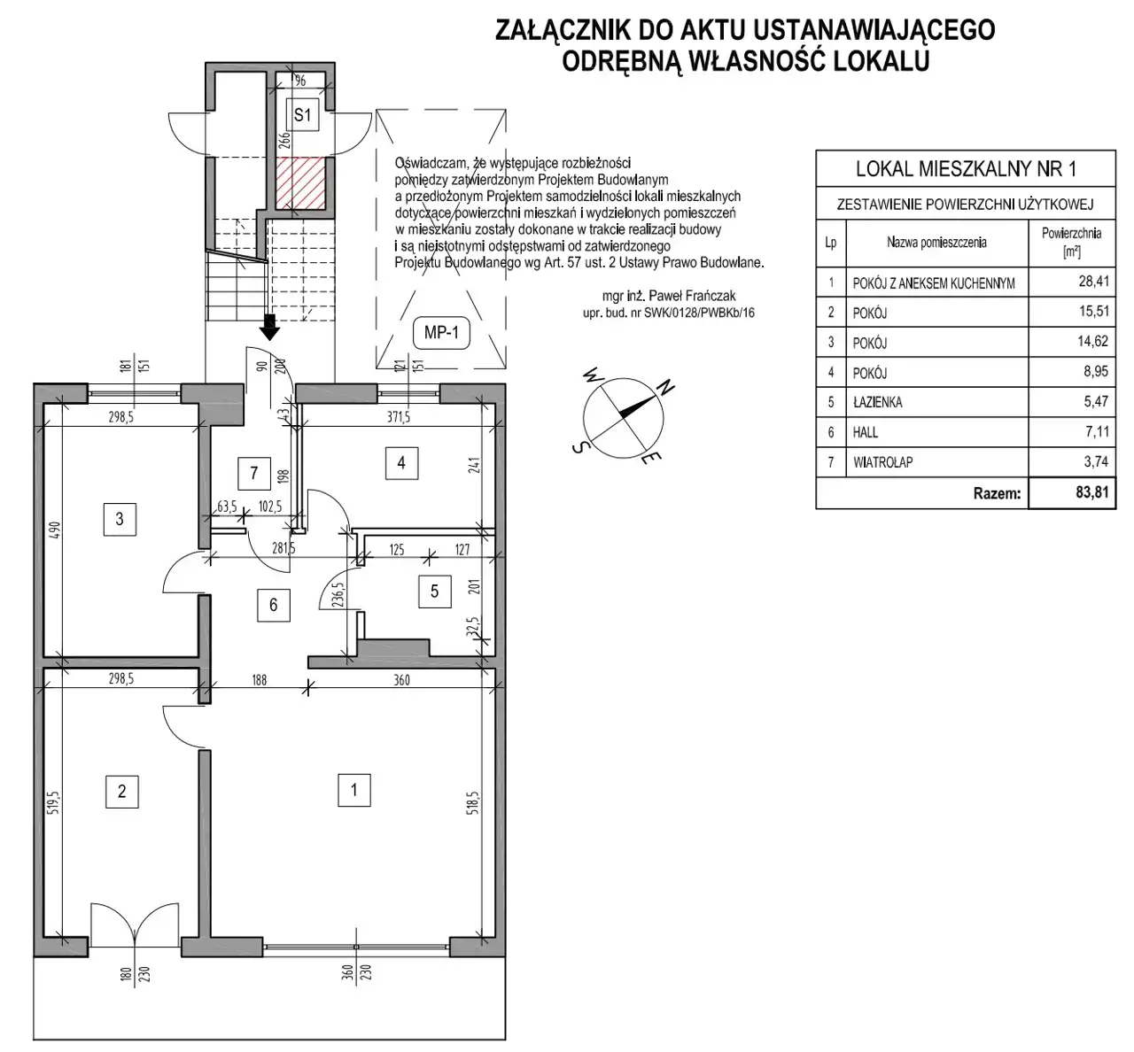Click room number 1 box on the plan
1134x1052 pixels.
(x=354, y=790)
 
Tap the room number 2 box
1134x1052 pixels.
(x=121, y=791)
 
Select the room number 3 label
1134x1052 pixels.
(x=120, y=519)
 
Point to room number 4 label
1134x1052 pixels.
(x=401, y=463)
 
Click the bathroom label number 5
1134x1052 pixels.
(x=434, y=592)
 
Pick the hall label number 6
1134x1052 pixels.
(x=274, y=605)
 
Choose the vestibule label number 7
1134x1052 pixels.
(x=254, y=473)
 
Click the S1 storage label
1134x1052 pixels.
(x=302, y=115)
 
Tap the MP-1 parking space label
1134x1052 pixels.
(x=441, y=333)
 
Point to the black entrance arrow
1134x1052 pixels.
(x=269, y=327)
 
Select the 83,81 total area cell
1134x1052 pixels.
(x=1072, y=492)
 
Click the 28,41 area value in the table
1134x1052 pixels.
(x=1093, y=281)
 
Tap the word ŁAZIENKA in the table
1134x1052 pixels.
(x=878, y=402)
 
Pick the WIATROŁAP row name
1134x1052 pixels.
(x=882, y=462)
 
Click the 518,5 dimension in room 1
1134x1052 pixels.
(x=473, y=802)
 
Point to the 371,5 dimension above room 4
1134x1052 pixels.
(x=399, y=417)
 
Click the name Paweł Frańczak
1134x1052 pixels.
(x=689, y=297)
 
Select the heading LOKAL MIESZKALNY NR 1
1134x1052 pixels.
(x=966, y=169)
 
